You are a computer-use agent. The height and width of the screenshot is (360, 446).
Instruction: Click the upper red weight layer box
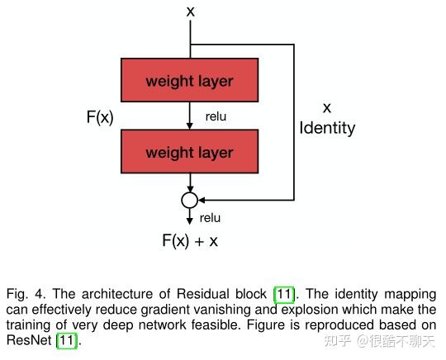(x=189, y=81)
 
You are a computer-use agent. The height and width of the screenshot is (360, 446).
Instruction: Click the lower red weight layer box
(x=189, y=153)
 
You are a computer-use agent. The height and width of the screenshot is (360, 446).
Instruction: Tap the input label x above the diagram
(x=191, y=12)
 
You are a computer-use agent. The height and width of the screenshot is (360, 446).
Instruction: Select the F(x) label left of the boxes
(x=100, y=116)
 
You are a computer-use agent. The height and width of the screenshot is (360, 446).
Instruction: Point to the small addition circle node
(x=190, y=200)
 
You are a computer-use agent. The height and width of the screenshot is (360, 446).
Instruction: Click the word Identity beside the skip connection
(x=327, y=128)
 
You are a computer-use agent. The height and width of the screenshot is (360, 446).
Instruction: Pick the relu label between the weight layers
(x=216, y=116)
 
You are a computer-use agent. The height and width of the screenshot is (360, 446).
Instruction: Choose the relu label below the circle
(x=211, y=218)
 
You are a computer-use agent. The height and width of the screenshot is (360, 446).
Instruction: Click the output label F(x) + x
(x=190, y=240)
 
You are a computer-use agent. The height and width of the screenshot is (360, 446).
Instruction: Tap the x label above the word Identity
(x=326, y=107)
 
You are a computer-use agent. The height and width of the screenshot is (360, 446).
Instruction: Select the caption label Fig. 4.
(x=26, y=294)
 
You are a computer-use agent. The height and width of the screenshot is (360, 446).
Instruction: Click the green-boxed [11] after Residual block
(x=284, y=294)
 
